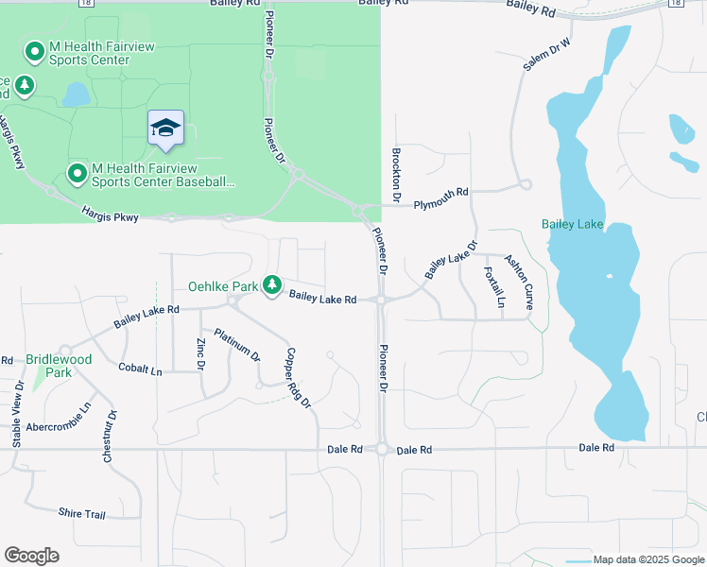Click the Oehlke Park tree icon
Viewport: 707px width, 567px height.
point(272,284)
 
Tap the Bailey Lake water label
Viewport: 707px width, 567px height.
point(572,224)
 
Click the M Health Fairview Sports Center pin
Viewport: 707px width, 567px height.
point(35,51)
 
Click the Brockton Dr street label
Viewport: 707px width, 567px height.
point(397,173)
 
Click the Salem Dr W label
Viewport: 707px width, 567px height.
point(548,55)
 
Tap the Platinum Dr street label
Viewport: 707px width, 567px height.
point(236,345)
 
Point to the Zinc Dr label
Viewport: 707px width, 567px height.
point(200,353)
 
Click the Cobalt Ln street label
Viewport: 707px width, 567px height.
point(140,369)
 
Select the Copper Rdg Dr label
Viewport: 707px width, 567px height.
point(298,377)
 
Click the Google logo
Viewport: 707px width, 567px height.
point(31,556)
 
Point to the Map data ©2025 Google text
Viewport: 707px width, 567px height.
point(647,559)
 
